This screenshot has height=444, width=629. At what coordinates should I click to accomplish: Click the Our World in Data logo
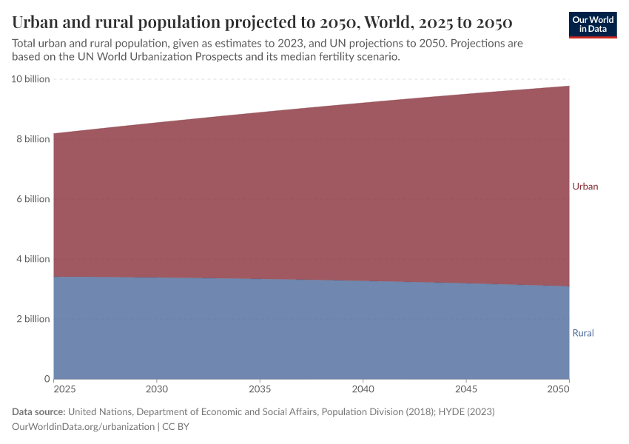click(x=593, y=24)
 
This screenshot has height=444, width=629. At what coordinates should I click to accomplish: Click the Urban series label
click(x=585, y=186)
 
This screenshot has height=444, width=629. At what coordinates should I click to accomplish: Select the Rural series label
click(x=583, y=333)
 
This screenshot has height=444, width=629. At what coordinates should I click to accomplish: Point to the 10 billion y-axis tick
click(x=30, y=79)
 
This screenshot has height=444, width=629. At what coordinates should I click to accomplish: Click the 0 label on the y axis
click(x=47, y=379)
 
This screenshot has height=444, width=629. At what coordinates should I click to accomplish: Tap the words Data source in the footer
click(x=38, y=411)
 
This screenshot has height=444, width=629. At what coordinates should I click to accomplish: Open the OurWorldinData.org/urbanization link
click(x=83, y=427)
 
